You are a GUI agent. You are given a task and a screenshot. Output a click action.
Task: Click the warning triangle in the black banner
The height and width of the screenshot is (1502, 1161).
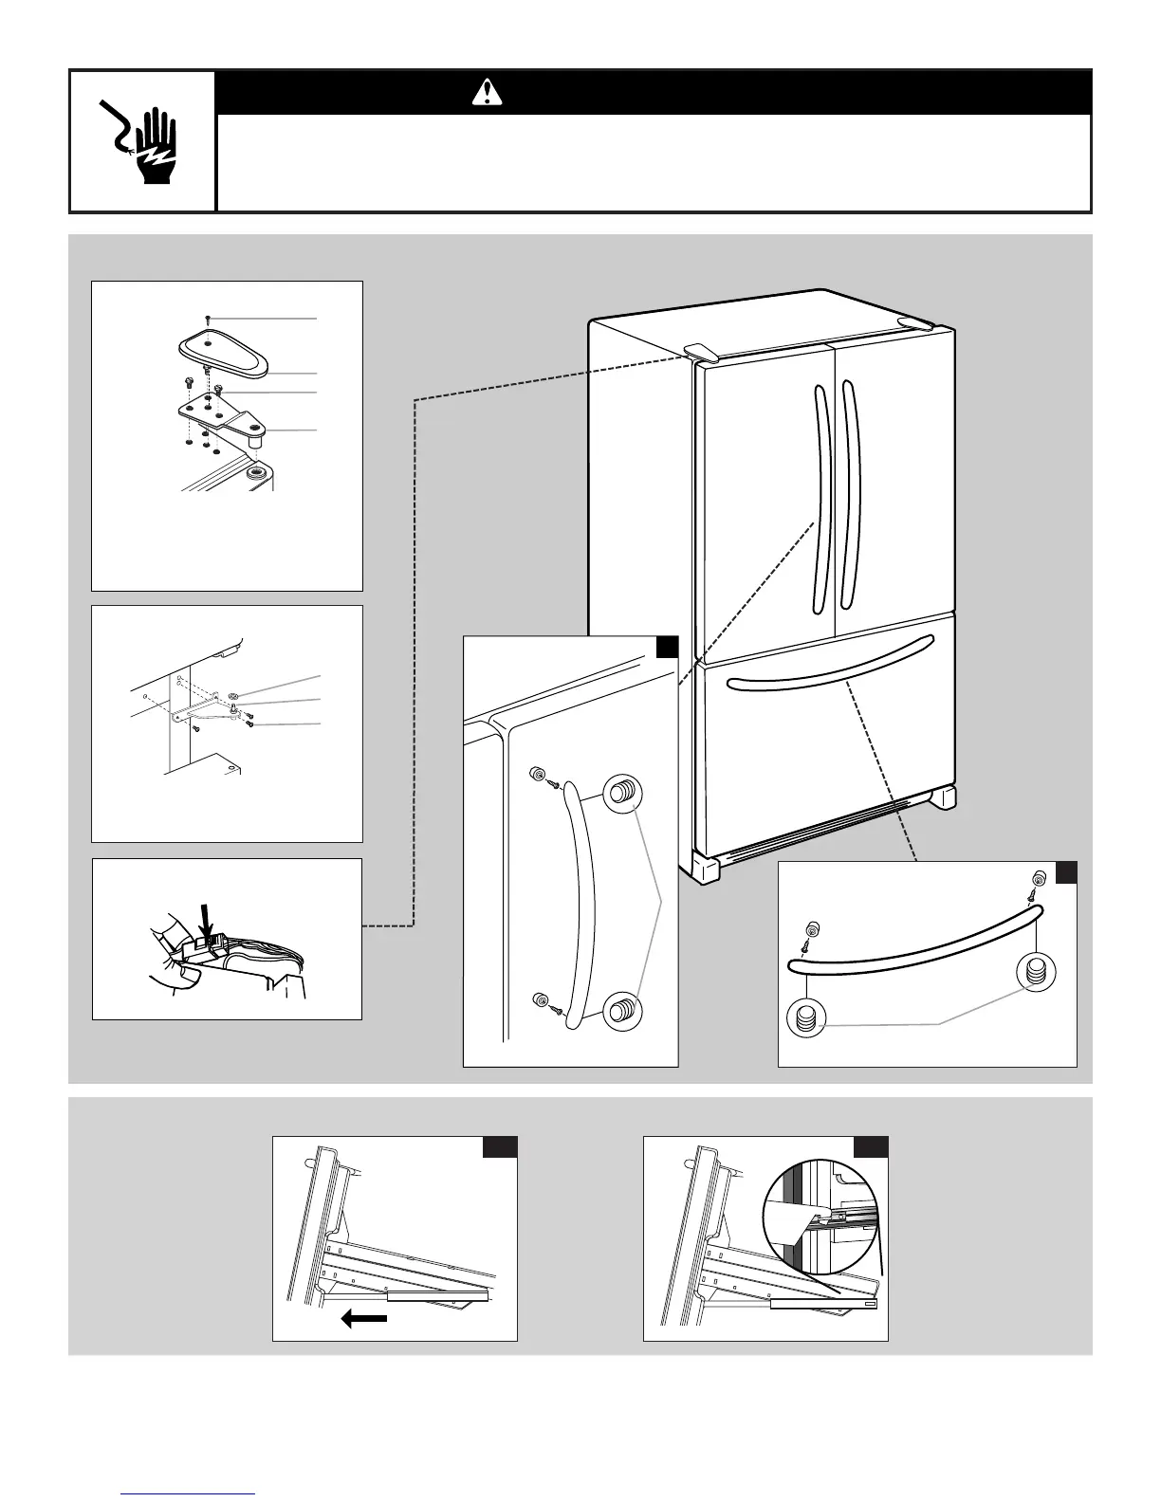488,92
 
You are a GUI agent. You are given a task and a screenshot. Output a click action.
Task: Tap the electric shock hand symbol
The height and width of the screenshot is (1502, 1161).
139,141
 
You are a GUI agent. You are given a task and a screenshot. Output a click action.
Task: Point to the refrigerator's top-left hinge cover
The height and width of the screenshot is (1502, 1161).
699,352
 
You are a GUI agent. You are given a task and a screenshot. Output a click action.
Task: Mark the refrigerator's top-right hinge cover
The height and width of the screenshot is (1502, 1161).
915,324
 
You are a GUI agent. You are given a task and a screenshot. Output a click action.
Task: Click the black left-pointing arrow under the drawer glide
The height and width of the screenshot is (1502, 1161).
364,1319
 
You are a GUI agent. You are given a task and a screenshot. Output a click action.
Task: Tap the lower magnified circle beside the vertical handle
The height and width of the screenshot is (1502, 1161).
621,1009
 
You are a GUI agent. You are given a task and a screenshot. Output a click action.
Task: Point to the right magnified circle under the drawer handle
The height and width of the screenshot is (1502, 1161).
1035,972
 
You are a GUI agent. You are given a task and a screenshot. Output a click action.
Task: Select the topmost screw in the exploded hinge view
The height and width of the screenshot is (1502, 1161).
208,319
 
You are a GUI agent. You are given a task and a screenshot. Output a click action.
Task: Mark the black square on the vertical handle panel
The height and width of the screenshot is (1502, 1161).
668,647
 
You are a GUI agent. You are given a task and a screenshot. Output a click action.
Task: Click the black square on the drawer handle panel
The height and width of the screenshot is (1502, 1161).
1066,871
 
